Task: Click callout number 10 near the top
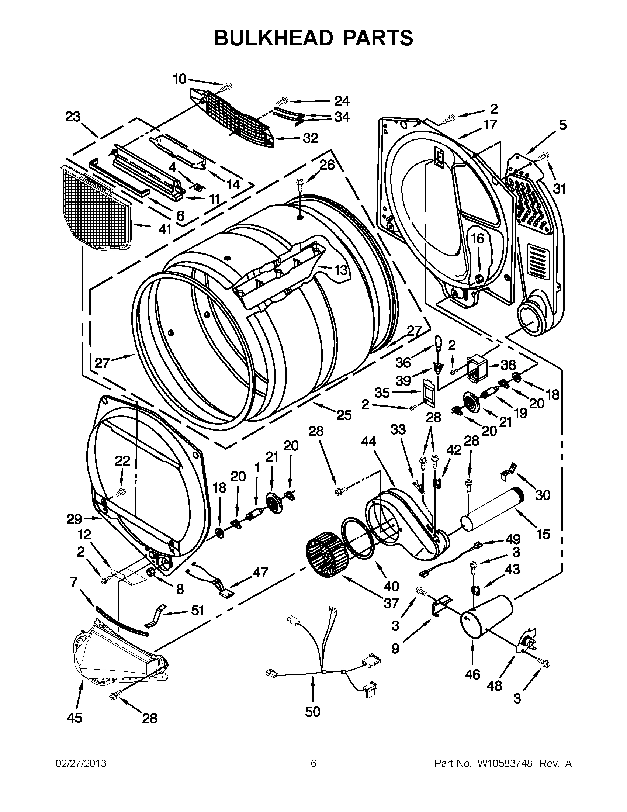[180, 79]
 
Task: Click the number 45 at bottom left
[75, 718]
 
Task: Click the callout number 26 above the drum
[327, 164]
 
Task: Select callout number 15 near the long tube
[543, 534]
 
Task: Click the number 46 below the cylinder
[472, 674]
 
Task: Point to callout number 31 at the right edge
[559, 189]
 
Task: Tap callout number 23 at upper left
[73, 117]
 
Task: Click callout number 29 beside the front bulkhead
[75, 519]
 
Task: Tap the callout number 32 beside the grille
[310, 138]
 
